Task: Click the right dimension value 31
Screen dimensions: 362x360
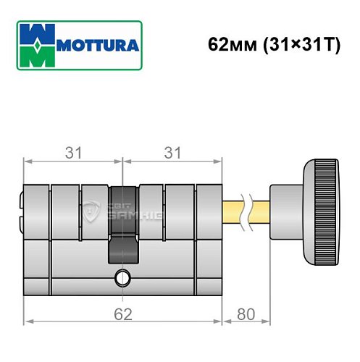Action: pyautogui.click(x=171, y=153)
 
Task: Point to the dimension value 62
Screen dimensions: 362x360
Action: pyautogui.click(x=121, y=316)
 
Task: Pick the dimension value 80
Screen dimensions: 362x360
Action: pyautogui.click(x=246, y=316)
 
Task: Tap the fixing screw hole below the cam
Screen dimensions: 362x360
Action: pyautogui.click(x=122, y=277)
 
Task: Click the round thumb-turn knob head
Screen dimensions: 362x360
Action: pyautogui.click(x=319, y=212)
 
